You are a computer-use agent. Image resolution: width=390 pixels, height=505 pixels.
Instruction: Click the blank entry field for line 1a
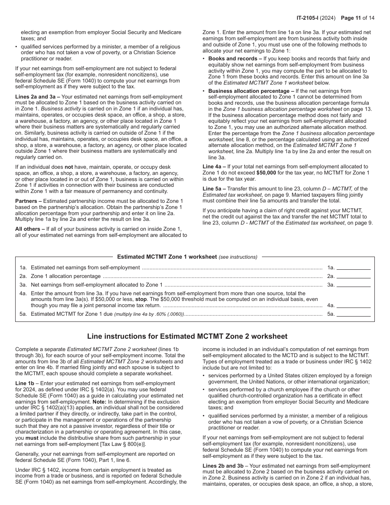tap(353, 267)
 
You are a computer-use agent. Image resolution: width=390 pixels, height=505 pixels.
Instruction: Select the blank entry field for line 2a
tap(353, 276)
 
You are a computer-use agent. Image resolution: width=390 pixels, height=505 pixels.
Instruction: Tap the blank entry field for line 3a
tap(353, 285)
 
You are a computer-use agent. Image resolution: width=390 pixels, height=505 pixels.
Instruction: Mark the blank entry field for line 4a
tap(353, 305)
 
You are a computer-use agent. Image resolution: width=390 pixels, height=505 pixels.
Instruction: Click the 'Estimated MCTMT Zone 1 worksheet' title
tap(167, 257)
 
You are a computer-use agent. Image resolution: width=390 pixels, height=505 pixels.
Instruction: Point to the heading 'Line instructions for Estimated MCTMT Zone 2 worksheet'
tap(187, 336)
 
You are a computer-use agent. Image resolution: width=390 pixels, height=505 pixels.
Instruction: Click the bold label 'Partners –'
tap(28, 201)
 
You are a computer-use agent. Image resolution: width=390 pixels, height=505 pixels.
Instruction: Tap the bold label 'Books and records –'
tap(232, 59)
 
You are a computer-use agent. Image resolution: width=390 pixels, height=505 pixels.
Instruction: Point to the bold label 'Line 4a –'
tap(214, 167)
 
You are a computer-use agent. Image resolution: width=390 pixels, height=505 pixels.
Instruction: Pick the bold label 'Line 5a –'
tap(214, 189)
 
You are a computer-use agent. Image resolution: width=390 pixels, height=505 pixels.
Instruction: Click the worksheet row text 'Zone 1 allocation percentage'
tap(66, 276)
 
